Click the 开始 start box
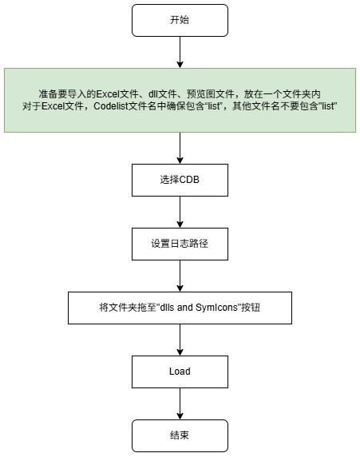click(x=180, y=21)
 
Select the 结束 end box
click(x=180, y=435)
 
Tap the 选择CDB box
click(x=180, y=180)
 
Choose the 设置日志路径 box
click(x=180, y=244)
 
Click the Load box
click(x=180, y=372)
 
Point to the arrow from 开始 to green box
click(x=180, y=52)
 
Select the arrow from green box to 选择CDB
click(x=180, y=148)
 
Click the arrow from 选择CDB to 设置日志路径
click(x=180, y=212)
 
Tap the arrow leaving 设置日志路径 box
click(x=180, y=276)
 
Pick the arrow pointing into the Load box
click(x=180, y=340)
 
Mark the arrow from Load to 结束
click(x=180, y=403)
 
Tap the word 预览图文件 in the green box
click(x=211, y=94)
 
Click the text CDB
click(x=189, y=180)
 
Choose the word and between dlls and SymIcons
click(x=185, y=308)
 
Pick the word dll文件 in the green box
click(x=163, y=94)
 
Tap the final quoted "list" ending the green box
click(x=329, y=106)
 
